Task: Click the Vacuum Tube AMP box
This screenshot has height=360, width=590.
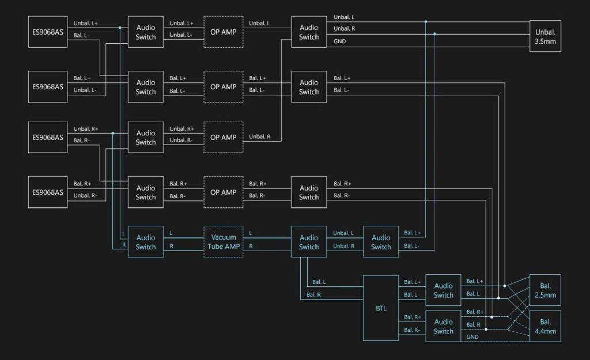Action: point(224,242)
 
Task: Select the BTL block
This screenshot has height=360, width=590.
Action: point(381,308)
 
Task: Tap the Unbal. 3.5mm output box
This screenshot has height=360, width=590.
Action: point(546,36)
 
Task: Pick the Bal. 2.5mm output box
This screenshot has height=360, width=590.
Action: point(546,291)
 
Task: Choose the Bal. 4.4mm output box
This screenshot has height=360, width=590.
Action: point(546,327)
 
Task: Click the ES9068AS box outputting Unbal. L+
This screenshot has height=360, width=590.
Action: point(48,32)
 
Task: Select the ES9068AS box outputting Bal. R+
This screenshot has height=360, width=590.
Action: point(48,192)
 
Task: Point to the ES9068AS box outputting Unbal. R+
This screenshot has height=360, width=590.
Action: point(48,137)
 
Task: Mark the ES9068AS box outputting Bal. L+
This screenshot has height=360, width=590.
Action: point(48,87)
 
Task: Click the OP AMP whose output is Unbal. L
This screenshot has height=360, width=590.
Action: point(224,32)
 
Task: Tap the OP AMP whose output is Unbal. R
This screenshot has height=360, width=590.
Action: point(224,137)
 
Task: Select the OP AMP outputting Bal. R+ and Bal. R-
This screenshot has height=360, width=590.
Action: point(224,192)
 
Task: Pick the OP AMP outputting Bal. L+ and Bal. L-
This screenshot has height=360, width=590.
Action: point(224,87)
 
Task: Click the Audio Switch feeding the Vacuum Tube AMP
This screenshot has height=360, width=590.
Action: point(146,242)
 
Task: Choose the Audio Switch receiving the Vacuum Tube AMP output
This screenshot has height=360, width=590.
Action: point(309,242)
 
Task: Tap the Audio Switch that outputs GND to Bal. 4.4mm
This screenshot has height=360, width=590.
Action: point(444,327)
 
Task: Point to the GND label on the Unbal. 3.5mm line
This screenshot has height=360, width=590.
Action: point(340,41)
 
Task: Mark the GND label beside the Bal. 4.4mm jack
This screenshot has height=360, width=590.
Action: point(472,337)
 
